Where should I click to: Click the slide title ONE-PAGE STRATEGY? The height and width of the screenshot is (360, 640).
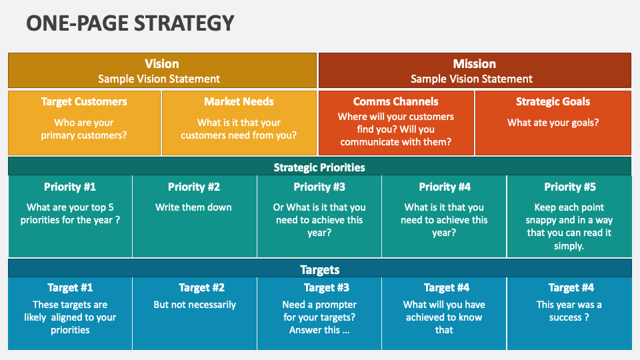(130, 23)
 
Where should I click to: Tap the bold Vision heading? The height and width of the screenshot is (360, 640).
(161, 64)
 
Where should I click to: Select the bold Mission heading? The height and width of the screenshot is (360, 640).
(474, 64)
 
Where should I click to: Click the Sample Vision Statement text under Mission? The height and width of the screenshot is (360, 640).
(471, 79)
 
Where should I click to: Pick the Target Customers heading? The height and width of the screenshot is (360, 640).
(84, 101)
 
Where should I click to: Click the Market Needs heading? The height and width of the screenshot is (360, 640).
(239, 101)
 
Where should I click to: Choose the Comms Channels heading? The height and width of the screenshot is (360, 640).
(395, 101)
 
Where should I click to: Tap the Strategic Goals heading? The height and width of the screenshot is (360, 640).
(553, 101)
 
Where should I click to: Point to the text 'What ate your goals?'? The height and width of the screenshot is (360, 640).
(553, 123)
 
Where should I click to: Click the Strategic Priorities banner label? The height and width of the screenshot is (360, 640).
(319, 167)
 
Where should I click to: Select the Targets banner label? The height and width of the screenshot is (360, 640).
(319, 270)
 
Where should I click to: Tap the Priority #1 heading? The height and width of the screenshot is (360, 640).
(70, 187)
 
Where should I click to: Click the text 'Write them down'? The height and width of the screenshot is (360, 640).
(193, 207)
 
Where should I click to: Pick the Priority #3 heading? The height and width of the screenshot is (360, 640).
(319, 187)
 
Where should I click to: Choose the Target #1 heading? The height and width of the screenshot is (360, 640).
(70, 288)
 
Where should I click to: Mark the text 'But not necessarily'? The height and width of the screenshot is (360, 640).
(195, 305)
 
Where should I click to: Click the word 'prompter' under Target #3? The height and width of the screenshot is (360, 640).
(336, 305)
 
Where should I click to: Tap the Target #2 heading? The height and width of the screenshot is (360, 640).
(201, 288)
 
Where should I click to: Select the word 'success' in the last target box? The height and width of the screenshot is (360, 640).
(565, 317)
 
